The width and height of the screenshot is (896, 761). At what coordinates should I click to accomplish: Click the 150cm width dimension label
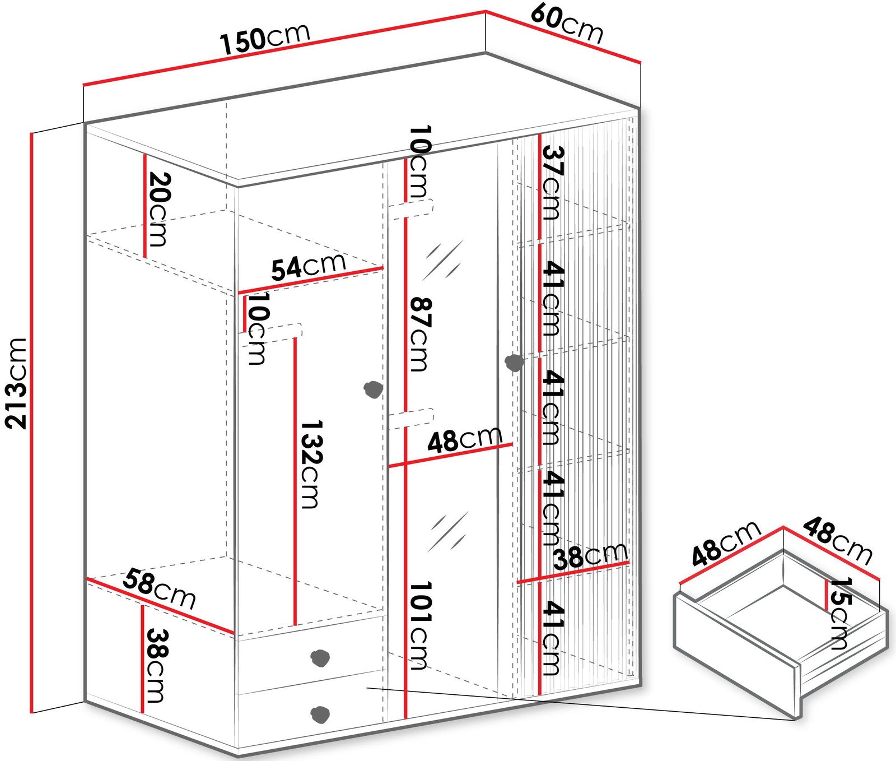[265, 39]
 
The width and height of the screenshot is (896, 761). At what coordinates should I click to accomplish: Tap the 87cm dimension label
[418, 334]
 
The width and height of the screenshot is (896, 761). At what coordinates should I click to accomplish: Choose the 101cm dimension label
[418, 625]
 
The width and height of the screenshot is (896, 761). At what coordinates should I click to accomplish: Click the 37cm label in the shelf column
[550, 183]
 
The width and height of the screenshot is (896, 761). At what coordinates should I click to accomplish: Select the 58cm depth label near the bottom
[160, 589]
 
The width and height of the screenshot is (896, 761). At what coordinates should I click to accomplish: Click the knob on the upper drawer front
[320, 658]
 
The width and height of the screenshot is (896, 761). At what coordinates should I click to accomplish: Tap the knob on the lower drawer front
[320, 713]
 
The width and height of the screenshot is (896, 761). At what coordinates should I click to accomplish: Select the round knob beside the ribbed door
[514, 363]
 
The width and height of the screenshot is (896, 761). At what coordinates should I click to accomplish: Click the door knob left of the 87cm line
[373, 389]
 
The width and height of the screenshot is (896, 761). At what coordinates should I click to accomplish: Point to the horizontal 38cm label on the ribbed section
[590, 556]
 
